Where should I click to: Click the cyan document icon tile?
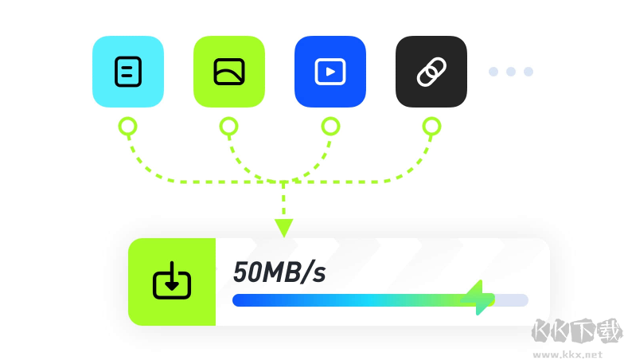point(128,72)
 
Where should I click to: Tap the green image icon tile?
point(229,72)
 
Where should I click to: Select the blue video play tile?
point(330,72)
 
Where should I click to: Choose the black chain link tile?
point(431,72)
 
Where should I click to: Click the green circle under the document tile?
point(127,127)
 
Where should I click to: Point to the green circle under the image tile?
point(229,127)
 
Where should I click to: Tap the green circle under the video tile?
point(330,127)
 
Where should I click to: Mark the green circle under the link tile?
point(431,127)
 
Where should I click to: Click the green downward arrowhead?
point(283,228)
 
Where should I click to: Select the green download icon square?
point(172,282)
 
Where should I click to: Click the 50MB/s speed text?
point(279,272)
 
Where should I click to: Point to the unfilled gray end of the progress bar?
point(511,300)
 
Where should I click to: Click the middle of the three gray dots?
point(511,72)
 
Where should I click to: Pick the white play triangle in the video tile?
point(330,72)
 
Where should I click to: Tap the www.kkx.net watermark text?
point(567,354)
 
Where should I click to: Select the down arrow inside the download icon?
point(172,276)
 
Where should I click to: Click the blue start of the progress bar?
point(243,300)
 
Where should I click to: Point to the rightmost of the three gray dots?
point(528,72)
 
